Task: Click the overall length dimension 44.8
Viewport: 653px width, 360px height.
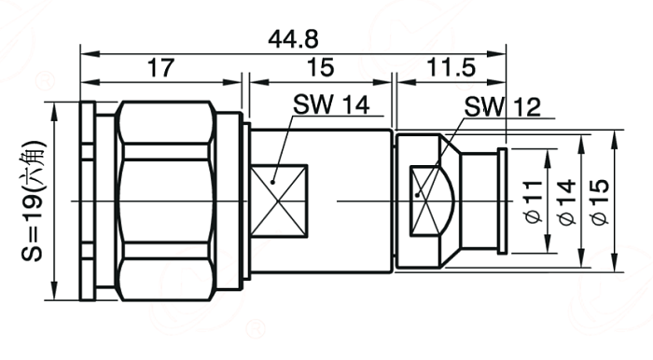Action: [293, 40]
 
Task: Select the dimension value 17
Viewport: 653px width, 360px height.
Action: [161, 68]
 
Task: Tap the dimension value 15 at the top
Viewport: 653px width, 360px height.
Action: [320, 67]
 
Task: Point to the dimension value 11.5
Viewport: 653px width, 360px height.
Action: [452, 67]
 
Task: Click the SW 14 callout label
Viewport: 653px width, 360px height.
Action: [331, 104]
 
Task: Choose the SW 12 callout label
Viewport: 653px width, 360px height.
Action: [502, 107]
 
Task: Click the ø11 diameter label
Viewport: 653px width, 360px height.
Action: [534, 201]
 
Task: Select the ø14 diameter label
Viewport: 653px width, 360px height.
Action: [567, 202]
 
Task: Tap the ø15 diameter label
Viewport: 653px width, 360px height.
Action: [600, 202]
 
